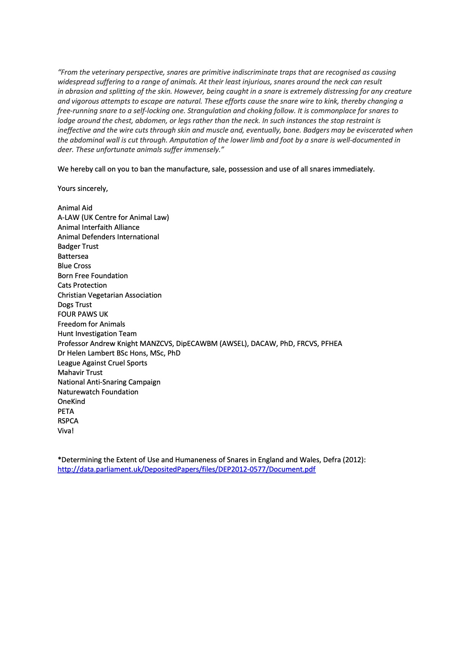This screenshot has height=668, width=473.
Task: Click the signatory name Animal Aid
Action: pyautogui.click(x=75, y=208)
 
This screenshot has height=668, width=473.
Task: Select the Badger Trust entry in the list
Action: pyautogui.click(x=78, y=247)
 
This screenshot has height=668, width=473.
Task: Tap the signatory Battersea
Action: pyautogui.click(x=73, y=256)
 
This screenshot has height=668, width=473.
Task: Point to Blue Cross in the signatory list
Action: pyautogui.click(x=74, y=266)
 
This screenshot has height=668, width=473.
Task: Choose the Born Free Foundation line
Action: pyautogui.click(x=93, y=276)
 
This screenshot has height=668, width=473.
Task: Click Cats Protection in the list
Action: pyautogui.click(x=82, y=285)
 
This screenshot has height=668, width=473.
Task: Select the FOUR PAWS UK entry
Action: pyautogui.click(x=83, y=314)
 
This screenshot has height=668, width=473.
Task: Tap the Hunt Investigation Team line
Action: pyautogui.click(x=97, y=334)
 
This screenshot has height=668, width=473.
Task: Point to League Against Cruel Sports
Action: pyautogui.click(x=102, y=363)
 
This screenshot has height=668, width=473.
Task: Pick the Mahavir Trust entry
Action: pyautogui.click(x=80, y=373)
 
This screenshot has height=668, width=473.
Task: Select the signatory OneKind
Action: pyautogui.click(x=71, y=402)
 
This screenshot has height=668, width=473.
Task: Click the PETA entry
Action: pyautogui.click(x=66, y=411)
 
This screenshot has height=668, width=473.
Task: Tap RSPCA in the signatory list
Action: pyautogui.click(x=68, y=421)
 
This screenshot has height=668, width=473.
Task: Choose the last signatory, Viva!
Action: pyautogui.click(x=66, y=431)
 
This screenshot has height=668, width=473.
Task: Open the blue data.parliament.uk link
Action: pyautogui.click(x=187, y=469)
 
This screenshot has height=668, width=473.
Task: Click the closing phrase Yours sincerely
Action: pyautogui.click(x=83, y=188)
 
